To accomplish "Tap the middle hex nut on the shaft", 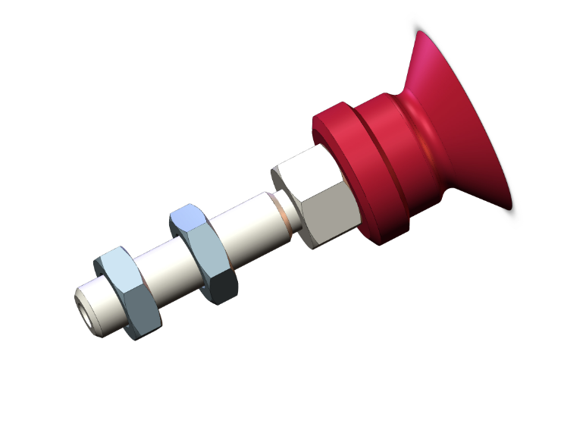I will pos(203,253).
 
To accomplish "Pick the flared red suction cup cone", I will pos(455,121).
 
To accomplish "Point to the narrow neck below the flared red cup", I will pos(413,114).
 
